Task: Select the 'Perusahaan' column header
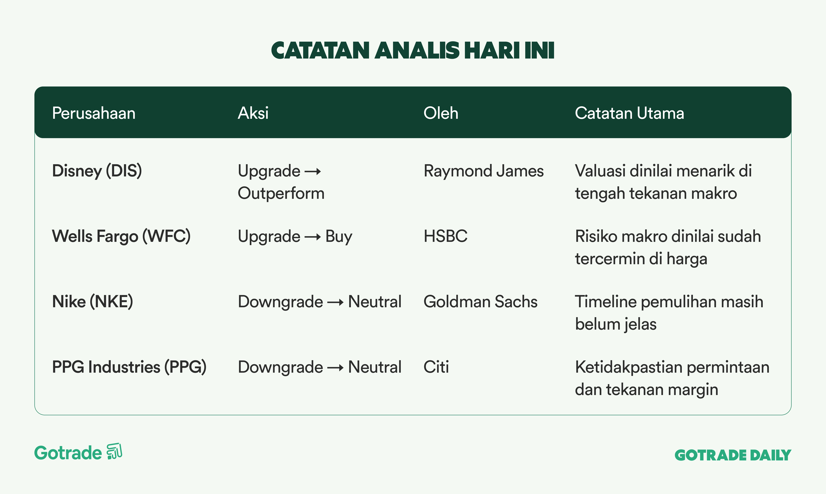[x=94, y=113]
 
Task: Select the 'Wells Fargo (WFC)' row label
[x=121, y=236]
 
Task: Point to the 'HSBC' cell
[x=445, y=236]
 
